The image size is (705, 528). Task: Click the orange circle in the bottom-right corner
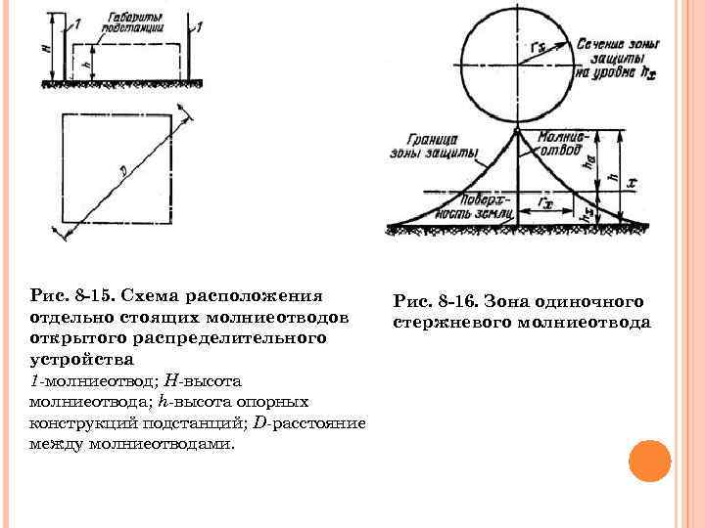[647, 460]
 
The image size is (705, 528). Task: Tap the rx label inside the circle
[538, 46]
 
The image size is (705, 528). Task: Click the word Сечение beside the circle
[599, 45]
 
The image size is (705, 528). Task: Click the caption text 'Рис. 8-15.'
[71, 295]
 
